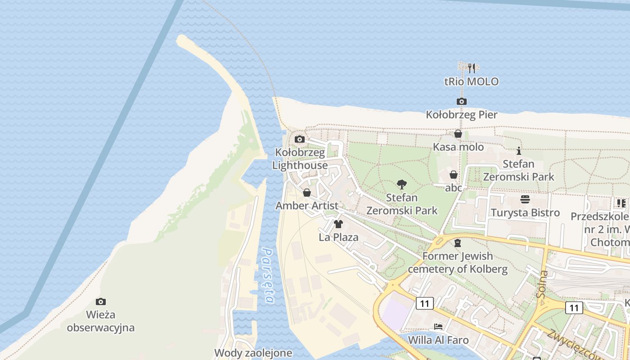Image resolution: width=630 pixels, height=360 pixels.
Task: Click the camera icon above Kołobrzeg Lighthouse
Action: [300, 139]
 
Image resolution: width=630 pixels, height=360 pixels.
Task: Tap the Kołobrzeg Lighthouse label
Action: [300, 159]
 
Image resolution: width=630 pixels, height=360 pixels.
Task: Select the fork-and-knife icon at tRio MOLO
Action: [471, 68]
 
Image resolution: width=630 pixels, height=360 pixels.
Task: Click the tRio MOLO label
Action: [471, 82]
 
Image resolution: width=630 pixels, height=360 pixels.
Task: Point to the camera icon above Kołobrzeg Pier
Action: [462, 102]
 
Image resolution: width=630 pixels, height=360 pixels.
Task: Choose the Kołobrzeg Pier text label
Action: [462, 115]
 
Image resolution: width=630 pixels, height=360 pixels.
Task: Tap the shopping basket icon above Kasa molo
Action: [458, 134]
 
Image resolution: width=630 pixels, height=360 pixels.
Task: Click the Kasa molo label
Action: [458, 147]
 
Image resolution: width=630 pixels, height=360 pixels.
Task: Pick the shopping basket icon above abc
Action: [454, 175]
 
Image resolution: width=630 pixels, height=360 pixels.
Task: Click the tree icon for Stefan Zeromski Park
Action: [402, 184]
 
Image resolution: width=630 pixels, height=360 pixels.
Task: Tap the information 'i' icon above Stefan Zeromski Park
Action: [519, 151]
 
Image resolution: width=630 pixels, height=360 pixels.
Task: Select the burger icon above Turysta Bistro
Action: [525, 199]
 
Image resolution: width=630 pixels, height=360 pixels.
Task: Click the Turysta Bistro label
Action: [525, 212]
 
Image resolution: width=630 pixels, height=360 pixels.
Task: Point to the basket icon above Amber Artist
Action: [307, 193]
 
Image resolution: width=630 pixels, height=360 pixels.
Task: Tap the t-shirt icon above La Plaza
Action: [338, 224]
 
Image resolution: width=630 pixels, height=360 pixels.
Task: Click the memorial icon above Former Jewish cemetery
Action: [458, 243]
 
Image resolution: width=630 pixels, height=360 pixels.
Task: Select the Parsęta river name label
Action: [268, 276]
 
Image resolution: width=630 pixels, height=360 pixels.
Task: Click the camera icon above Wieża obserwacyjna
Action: [101, 301]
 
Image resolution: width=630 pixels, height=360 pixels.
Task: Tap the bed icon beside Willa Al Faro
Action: [438, 327]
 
